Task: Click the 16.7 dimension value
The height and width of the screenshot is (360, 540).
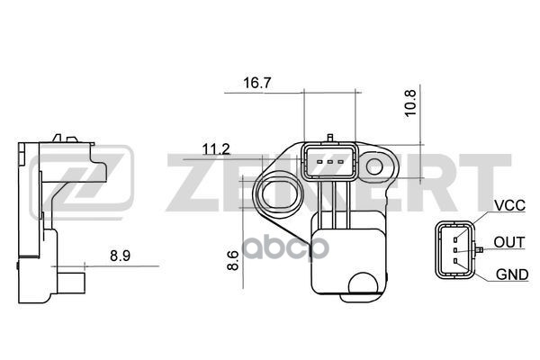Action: point(256,83)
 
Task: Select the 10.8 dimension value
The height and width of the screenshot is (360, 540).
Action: point(410,103)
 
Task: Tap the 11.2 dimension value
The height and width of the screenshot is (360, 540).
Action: point(216,149)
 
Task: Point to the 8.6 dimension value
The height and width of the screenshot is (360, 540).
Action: point(233,260)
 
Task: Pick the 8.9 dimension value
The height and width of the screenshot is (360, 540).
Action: point(121,256)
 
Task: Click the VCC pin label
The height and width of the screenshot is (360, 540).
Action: point(509,205)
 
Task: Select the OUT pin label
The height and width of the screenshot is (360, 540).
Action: point(509,242)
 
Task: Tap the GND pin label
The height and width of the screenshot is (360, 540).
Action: point(512,274)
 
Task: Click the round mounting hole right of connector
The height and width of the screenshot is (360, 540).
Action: point(374,167)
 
